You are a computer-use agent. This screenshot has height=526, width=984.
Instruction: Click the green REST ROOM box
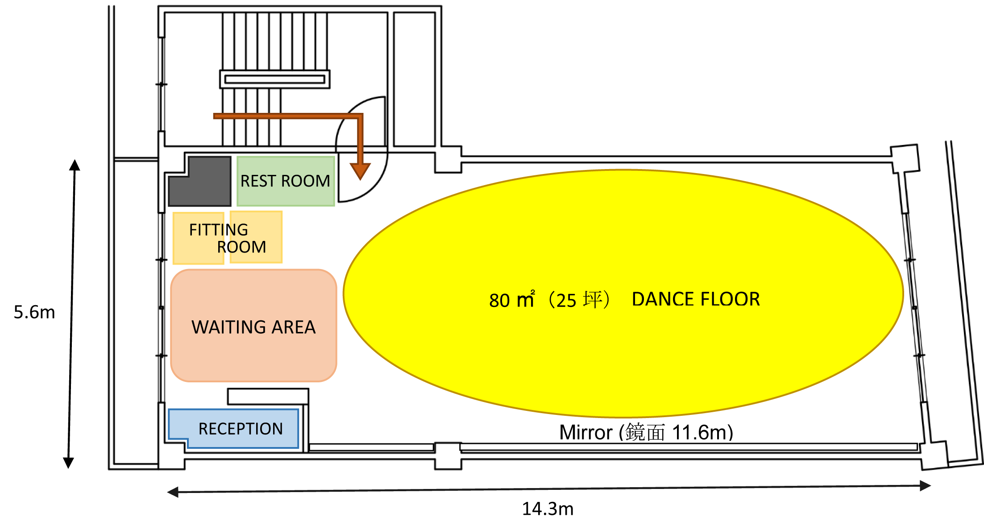point(286,181)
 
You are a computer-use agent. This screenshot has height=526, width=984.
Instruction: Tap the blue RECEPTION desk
point(233,428)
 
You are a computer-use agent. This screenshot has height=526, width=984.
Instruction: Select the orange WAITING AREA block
point(253,326)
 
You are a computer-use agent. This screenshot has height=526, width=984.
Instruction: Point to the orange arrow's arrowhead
point(360,171)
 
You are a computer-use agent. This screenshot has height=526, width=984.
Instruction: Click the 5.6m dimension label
point(34,312)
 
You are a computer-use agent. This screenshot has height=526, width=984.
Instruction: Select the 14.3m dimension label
point(548,509)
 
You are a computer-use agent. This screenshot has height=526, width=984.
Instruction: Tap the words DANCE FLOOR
point(696,299)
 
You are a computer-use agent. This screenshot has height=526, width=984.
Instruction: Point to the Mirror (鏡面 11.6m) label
point(646,432)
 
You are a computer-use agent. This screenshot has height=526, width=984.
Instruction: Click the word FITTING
point(219,230)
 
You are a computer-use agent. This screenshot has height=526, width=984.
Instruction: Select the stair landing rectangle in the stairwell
point(275,79)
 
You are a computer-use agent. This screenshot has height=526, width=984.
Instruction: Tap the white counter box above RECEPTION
point(268,397)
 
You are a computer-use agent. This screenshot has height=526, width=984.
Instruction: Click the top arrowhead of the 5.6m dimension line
point(75,165)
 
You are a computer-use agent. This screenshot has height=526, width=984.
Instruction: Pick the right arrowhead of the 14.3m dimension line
point(926,485)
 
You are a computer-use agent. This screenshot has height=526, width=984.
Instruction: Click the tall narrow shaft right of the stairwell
point(414,79)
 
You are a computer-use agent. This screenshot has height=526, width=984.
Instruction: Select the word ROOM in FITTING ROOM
point(241,247)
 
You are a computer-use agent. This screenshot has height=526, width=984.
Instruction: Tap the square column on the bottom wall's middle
point(448,456)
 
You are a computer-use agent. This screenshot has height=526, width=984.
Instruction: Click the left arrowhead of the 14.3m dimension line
point(173,492)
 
